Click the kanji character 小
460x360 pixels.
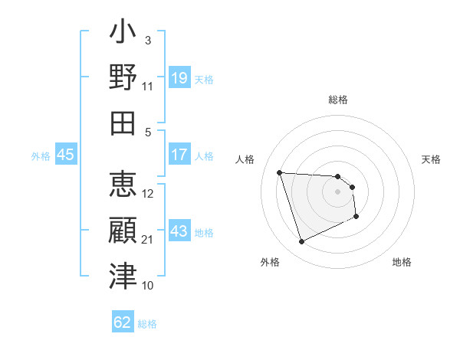[x=123, y=34]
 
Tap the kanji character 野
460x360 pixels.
[x=123, y=78]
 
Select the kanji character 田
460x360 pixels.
[x=123, y=123]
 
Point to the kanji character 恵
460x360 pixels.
[x=123, y=185]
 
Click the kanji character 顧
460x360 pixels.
[x=123, y=231]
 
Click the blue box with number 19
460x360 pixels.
[x=179, y=78]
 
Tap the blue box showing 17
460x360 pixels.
[x=179, y=155]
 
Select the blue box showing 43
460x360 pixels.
[x=179, y=231]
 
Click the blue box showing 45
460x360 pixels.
[x=66, y=155]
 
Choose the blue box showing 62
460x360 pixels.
[x=123, y=322]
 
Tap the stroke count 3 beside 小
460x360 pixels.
[x=148, y=39]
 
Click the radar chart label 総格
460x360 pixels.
[x=338, y=100]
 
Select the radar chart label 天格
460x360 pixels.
[x=432, y=159]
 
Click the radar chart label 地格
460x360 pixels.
[x=402, y=262]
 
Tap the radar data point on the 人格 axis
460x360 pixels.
[x=280, y=172]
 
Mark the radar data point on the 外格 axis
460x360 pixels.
[x=301, y=242]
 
